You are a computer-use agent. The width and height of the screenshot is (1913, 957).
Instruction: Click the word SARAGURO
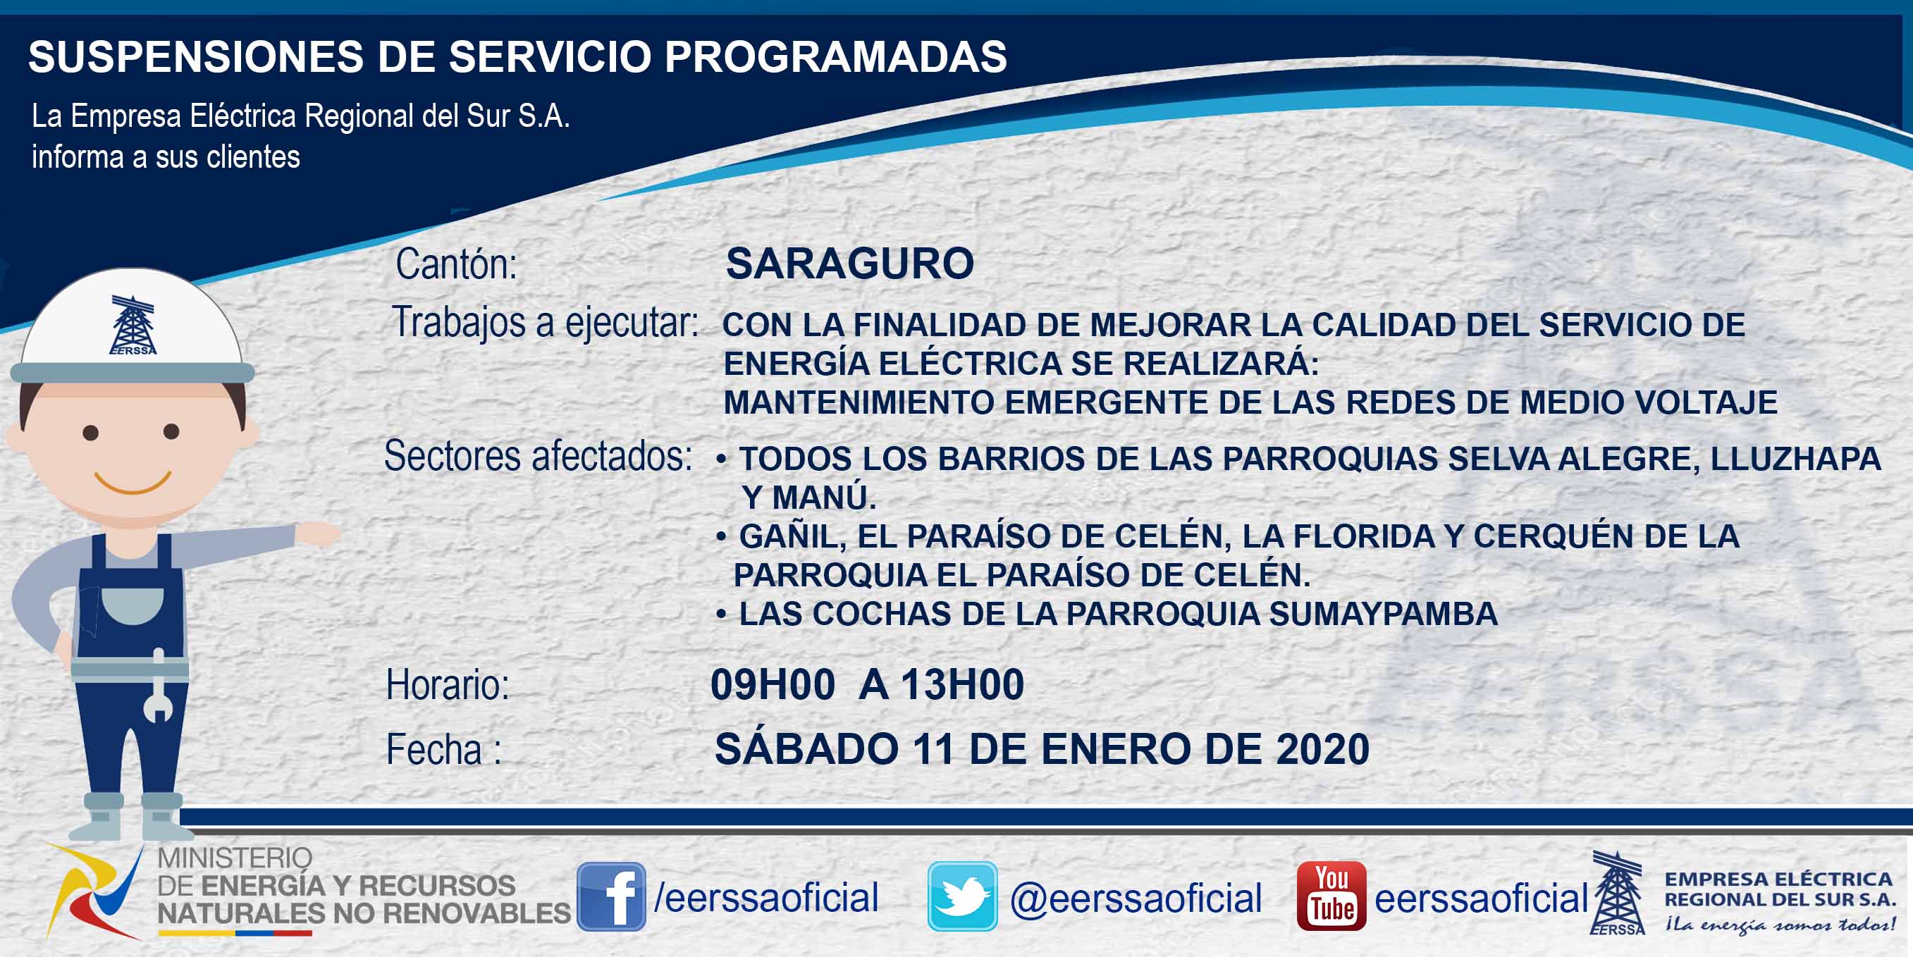849,264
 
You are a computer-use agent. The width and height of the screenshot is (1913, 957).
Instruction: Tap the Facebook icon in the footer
611,896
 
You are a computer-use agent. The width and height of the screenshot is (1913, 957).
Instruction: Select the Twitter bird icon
961,896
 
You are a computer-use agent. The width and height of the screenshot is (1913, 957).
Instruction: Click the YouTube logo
1331,896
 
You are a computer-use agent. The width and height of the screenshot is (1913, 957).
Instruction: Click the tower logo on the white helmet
133,325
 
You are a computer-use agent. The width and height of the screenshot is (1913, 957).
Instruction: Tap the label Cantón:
456,264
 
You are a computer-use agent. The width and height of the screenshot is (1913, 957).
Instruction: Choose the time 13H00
962,684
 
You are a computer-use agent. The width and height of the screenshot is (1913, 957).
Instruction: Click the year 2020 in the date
1322,749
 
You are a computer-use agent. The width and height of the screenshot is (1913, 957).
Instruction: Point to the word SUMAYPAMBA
1383,614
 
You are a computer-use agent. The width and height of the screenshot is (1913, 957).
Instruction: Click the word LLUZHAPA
1796,459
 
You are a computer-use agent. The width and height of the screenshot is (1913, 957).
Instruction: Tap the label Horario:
448,684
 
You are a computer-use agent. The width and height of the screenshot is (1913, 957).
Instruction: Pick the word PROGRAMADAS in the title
835,56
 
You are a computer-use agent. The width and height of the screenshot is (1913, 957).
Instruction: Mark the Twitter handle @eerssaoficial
1136,899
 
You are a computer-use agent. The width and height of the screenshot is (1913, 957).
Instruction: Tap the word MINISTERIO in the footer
235,858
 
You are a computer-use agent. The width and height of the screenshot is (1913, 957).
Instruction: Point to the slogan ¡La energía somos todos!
1779,925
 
